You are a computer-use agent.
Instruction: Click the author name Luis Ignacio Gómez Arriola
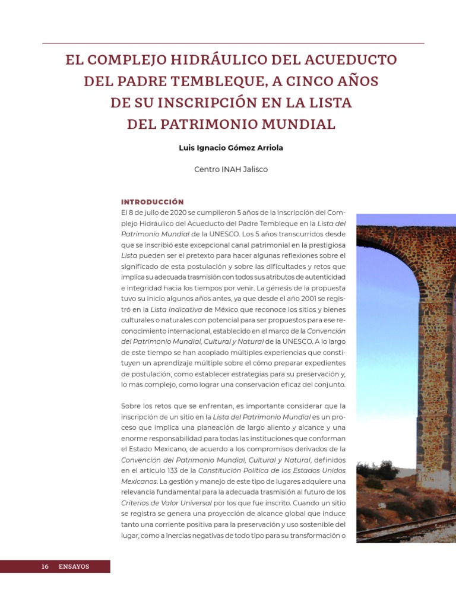pyautogui.click(x=231, y=148)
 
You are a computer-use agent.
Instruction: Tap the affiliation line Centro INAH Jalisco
pyautogui.click(x=231, y=169)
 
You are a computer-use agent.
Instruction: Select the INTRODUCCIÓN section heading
pyautogui.click(x=152, y=202)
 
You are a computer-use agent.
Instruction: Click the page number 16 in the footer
pyautogui.click(x=45, y=566)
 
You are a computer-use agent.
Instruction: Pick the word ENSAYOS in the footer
pyautogui.click(x=74, y=566)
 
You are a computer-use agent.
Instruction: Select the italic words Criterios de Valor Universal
pyautogui.click(x=159, y=503)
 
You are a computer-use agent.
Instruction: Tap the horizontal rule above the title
pyautogui.click(x=233, y=43)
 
